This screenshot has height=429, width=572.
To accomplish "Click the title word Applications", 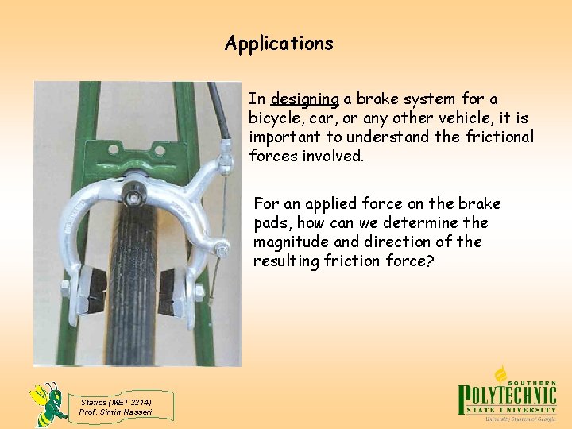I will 279,43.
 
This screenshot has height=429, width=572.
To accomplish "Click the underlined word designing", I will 305,99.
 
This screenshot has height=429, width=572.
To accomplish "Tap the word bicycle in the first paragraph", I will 274,118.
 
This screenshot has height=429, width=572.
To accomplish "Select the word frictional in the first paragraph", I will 502,137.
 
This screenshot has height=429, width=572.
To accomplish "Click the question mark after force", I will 430,261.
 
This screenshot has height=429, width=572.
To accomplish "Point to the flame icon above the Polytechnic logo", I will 501,374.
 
